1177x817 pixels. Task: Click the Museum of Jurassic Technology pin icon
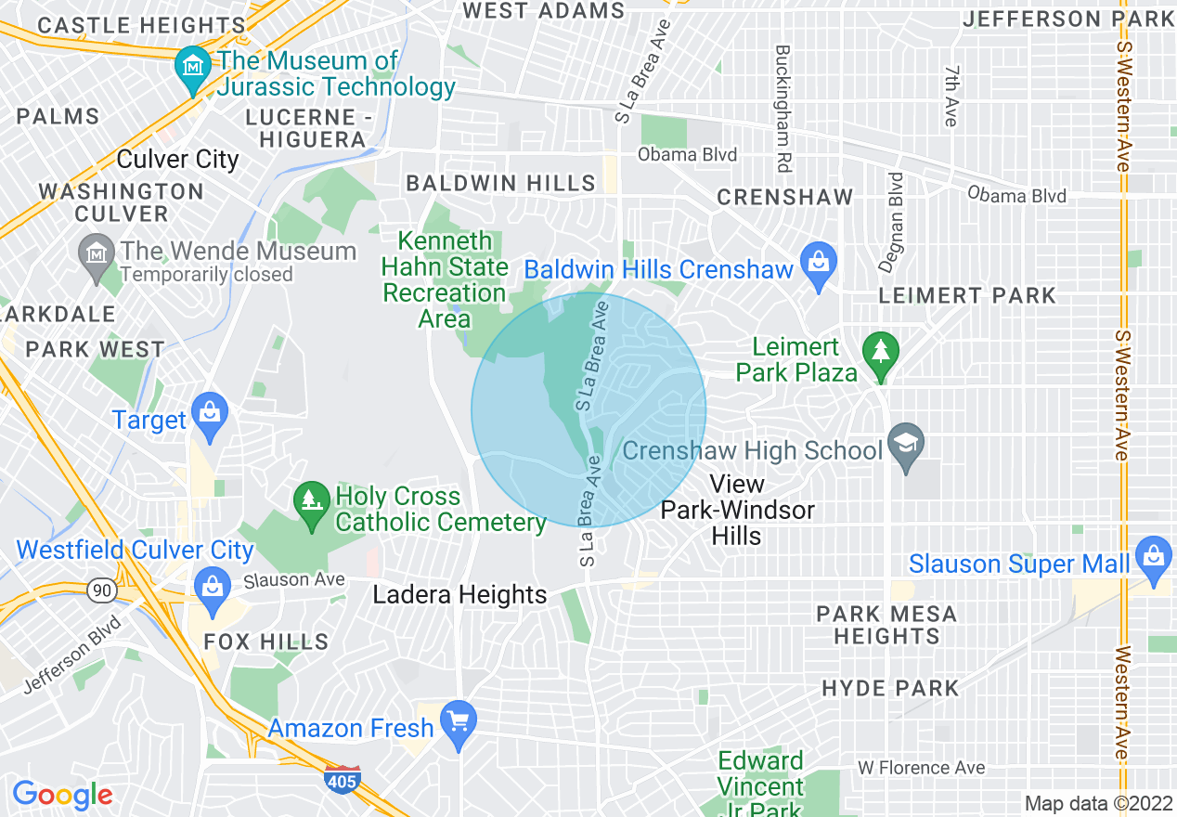pyautogui.click(x=193, y=68)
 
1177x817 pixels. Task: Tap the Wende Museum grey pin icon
pyautogui.click(x=97, y=256)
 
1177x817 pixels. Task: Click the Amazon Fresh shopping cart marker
pyautogui.click(x=458, y=721)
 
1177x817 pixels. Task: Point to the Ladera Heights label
pyautogui.click(x=459, y=595)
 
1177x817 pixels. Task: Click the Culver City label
pyautogui.click(x=178, y=160)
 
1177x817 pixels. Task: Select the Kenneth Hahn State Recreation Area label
pyautogui.click(x=445, y=280)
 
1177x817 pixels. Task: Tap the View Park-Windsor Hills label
pyautogui.click(x=737, y=510)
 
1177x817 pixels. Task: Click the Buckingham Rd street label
pyautogui.click(x=782, y=109)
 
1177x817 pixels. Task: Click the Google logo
pyautogui.click(x=62, y=795)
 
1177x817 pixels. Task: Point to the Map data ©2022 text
pyautogui.click(x=1098, y=803)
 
